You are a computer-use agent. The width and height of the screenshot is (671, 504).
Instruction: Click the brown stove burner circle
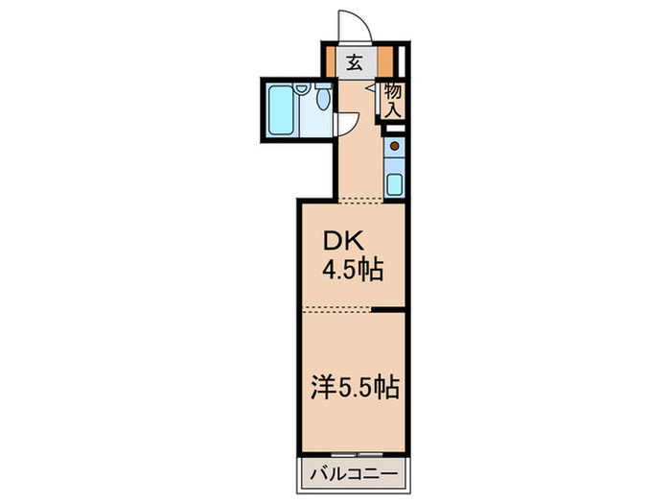(393, 146)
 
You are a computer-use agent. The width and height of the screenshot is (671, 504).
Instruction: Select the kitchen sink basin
(393, 183)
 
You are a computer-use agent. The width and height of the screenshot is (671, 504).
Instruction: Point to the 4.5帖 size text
(352, 271)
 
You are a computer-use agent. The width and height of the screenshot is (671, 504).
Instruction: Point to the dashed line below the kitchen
(368, 201)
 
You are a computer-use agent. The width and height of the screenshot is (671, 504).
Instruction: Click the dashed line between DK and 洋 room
(335, 309)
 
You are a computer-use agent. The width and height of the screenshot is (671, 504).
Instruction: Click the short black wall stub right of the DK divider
(388, 309)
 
